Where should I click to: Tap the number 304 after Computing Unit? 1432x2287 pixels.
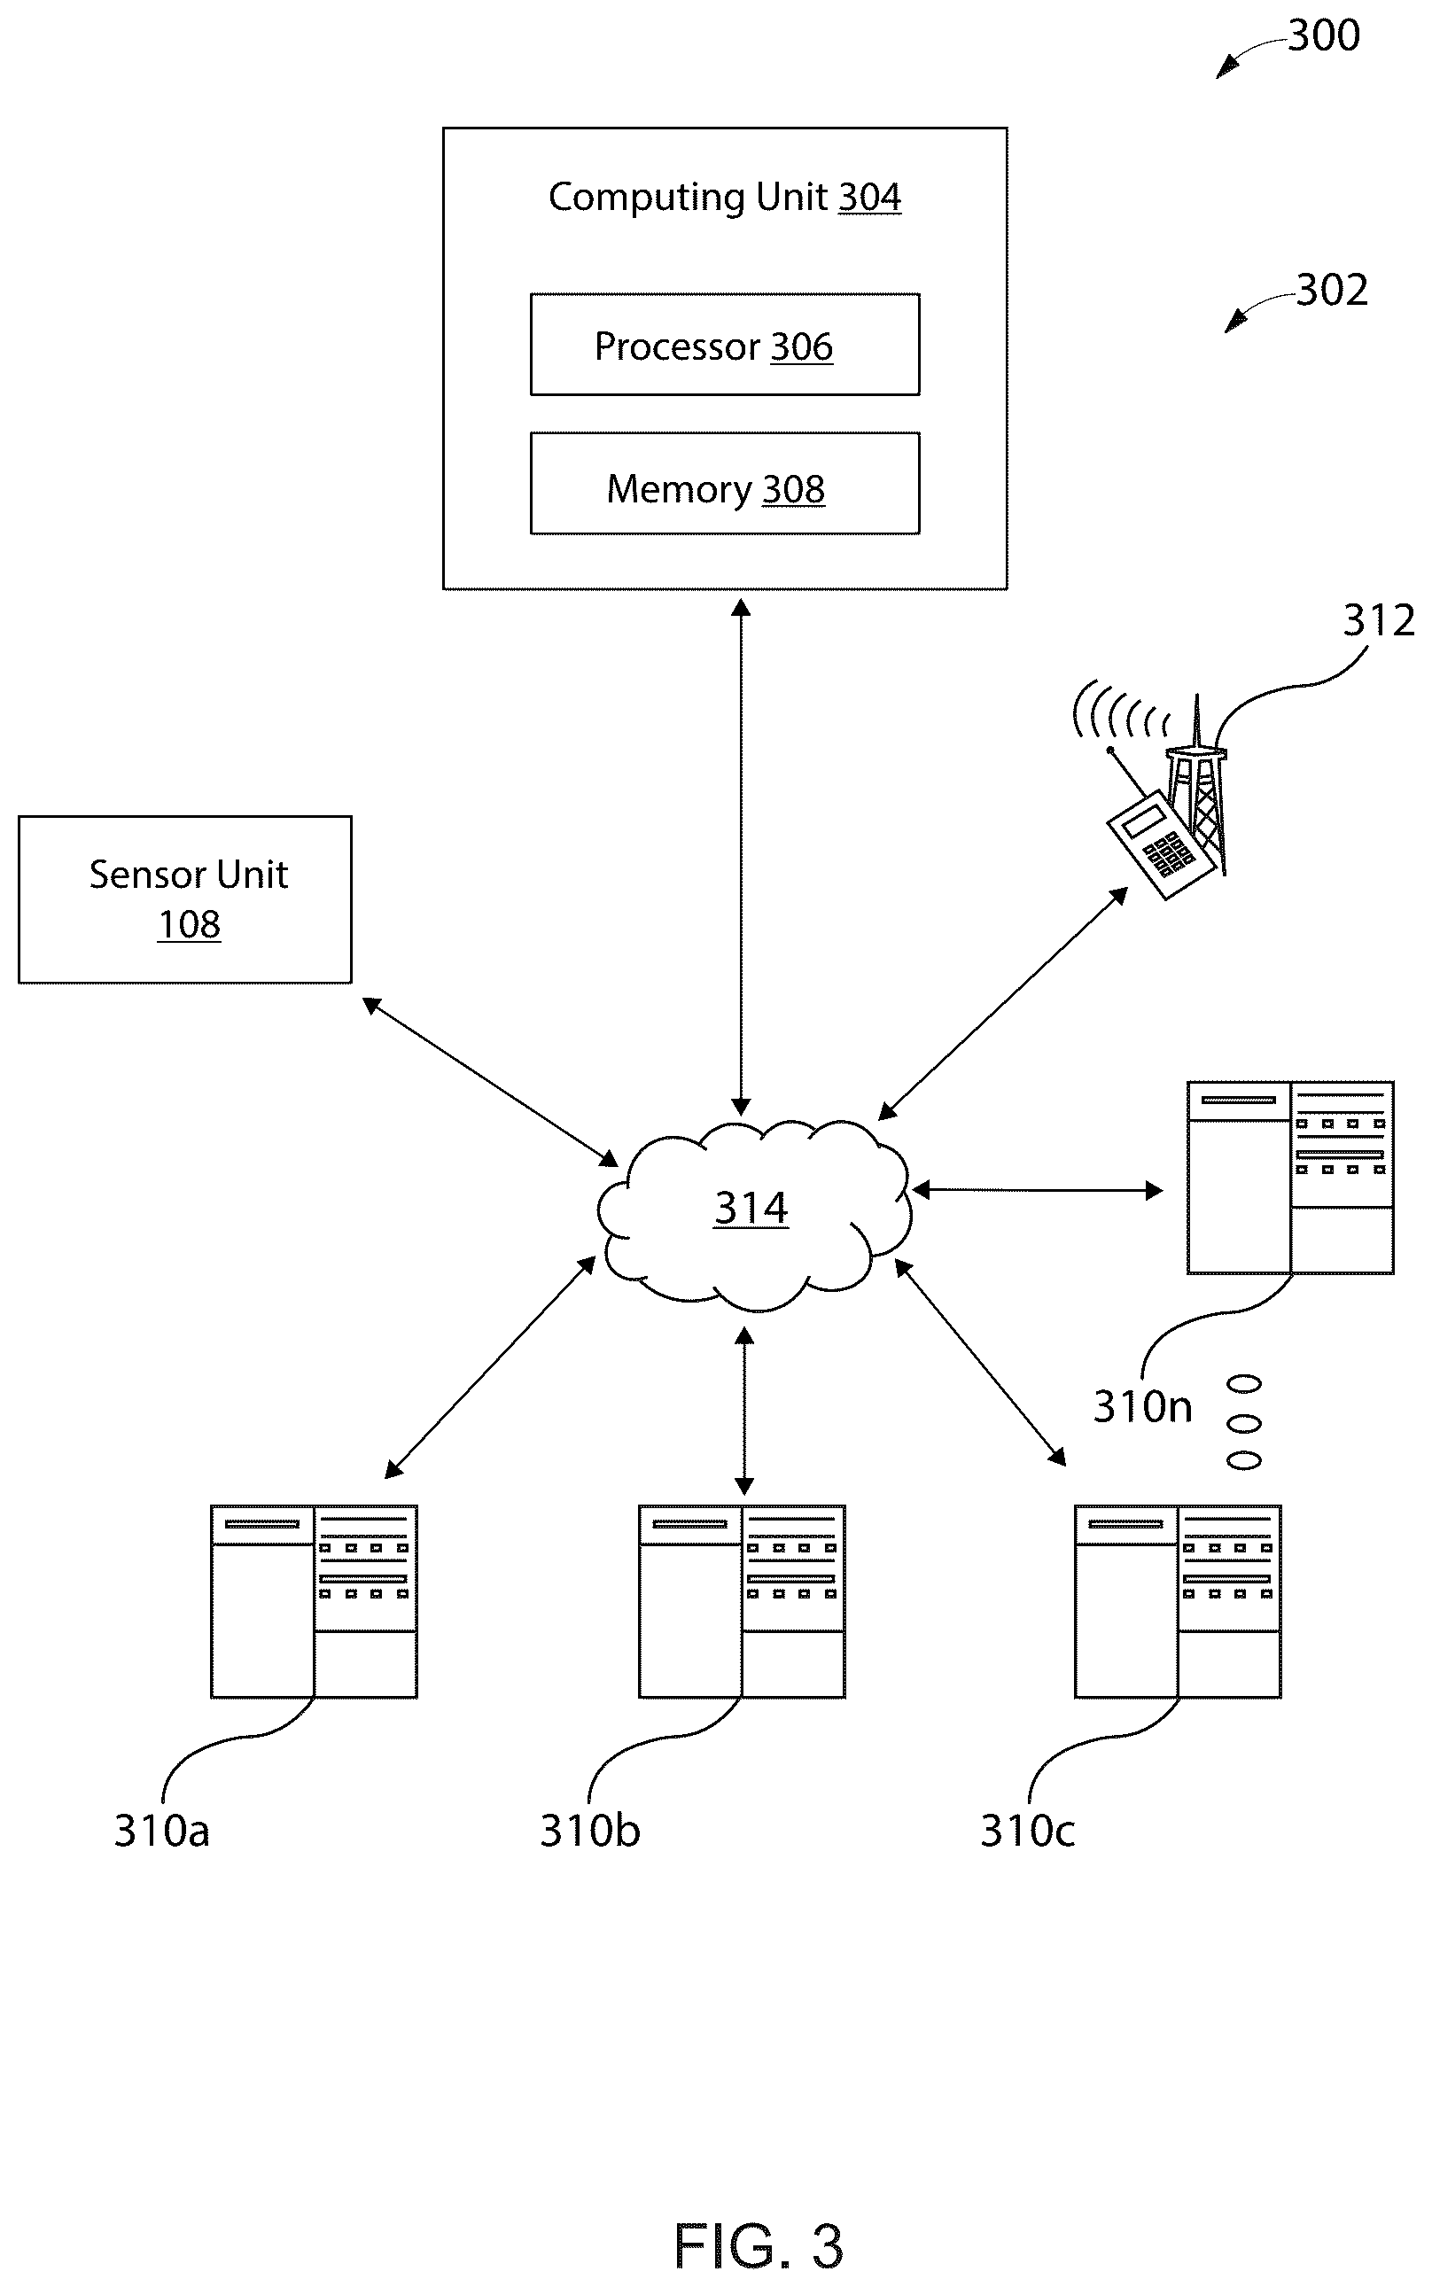(869, 197)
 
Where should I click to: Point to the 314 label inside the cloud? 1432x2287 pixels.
(751, 1209)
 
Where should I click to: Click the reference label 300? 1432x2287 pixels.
(1324, 36)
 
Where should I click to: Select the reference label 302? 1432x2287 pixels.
(1332, 290)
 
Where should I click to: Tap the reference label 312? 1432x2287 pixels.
(1379, 621)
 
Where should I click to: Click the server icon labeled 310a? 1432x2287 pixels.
(314, 1601)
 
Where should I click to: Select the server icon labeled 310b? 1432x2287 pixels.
(742, 1601)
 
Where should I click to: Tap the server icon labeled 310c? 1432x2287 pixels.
(1177, 1601)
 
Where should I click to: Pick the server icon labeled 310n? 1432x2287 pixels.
(1290, 1177)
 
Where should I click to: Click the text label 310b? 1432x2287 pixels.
(590, 1831)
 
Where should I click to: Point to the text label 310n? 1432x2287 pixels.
(1142, 1406)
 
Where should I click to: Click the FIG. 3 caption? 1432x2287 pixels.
(758, 2246)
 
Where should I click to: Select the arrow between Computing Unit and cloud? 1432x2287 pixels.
(741, 857)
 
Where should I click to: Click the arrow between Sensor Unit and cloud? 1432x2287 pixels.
(490, 1081)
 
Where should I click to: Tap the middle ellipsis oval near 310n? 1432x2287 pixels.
(1243, 1422)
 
